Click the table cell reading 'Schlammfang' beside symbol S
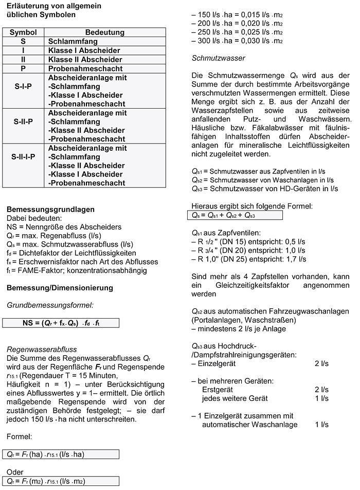pos(73,41)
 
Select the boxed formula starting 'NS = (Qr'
pos(61,323)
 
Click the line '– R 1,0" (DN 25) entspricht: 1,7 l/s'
pos(248,259)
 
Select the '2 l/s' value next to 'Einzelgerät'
pos(321,363)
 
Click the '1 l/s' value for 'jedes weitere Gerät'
pos(321,398)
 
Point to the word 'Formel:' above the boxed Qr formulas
pos(20,437)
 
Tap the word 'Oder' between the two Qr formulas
pos(15,472)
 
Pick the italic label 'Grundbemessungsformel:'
pos(49,305)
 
